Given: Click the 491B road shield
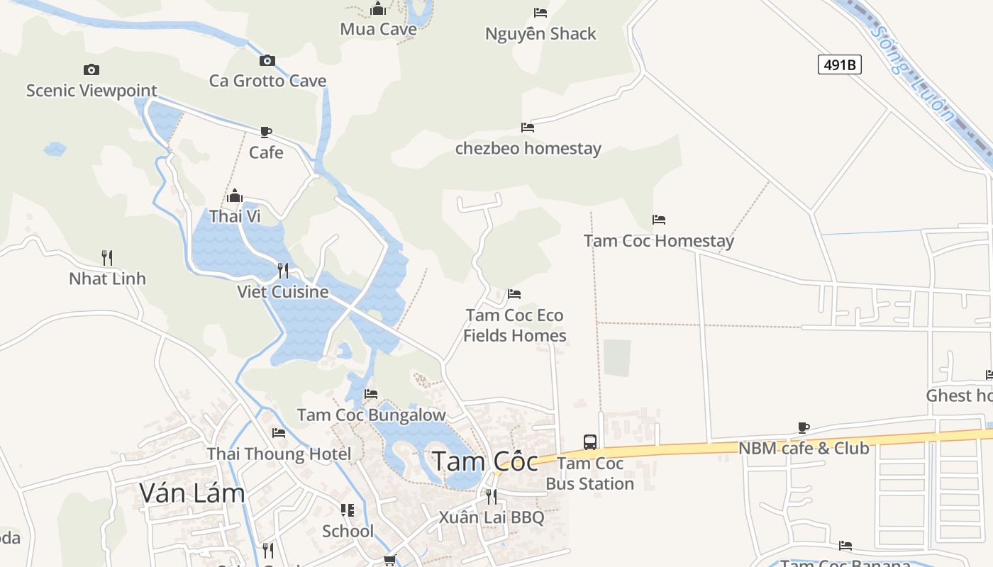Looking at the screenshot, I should pos(840,64).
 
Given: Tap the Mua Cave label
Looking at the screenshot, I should pos(378,29).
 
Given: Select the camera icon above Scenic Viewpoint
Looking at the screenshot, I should pos(91,69).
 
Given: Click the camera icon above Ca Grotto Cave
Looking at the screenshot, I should pos(267,60).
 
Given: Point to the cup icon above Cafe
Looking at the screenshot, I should pos(266,132).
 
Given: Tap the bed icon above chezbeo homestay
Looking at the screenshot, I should pos(528,128).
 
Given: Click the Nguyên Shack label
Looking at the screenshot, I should pos(540,33).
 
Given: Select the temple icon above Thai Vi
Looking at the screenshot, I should pos(235,196).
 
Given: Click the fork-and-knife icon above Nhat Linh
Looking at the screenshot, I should pos(107,257).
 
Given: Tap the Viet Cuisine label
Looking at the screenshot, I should pos(282,291).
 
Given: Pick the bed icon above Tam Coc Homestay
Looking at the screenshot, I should pos(659,220).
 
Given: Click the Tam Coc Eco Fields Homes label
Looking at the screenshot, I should pos(514,325).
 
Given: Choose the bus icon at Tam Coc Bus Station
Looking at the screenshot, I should pos(589,442).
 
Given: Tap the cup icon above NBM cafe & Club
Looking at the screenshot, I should pos(804,427).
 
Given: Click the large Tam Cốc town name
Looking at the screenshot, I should pos(486,461).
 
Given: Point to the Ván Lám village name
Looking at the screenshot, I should pos(192,493).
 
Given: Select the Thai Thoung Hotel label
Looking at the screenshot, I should pos(279,454).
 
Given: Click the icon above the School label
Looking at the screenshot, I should pos(348,510).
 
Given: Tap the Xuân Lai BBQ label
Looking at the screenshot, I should pos(491,517).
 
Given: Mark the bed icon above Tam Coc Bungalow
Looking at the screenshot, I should pos(371,394).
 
